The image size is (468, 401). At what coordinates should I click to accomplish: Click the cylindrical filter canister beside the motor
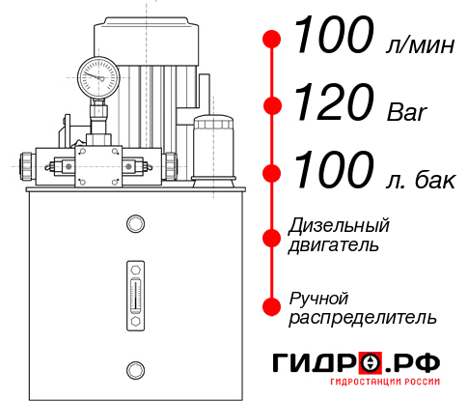(213, 148)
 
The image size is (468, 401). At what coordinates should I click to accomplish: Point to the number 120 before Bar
(334, 100)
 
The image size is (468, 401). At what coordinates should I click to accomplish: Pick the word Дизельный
(340, 225)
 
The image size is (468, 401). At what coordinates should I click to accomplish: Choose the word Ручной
(318, 297)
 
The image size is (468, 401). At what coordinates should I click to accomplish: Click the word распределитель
(363, 317)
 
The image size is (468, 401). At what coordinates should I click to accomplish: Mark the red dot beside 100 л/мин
(273, 39)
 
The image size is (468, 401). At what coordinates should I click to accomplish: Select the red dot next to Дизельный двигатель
(273, 237)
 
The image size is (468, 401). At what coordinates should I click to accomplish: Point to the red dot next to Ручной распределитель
(273, 305)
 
